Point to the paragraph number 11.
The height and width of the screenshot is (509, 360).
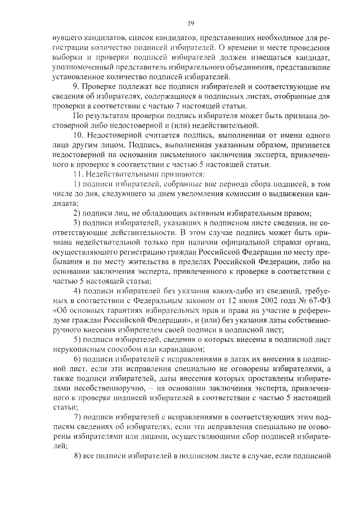click(78, 173)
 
